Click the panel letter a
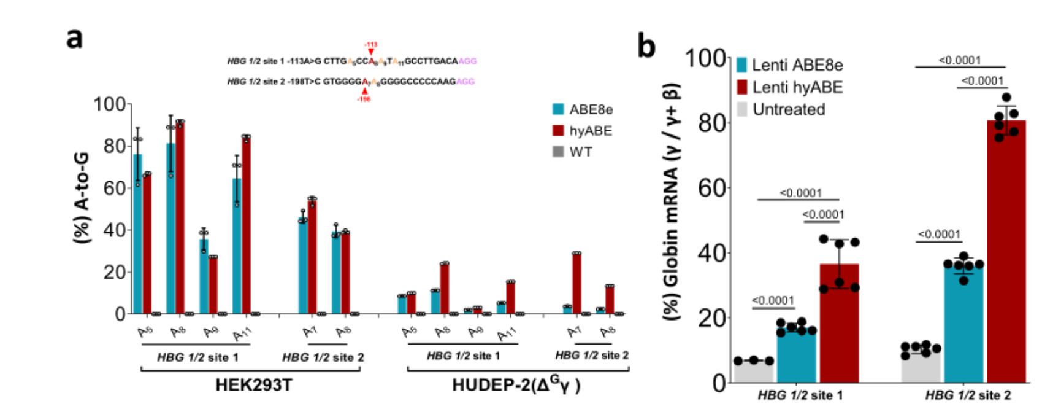pos(75,38)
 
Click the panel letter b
pos(646,47)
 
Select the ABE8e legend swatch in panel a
pos(558,109)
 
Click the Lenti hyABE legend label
pos(797,87)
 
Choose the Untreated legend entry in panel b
pos(789,109)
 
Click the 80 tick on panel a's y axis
pos(115,146)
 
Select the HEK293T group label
pos(253,386)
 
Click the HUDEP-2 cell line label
pos(516,386)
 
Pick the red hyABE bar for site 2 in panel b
pos(1006,252)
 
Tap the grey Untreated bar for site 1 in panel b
pos(754,372)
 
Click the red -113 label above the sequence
pos(370,45)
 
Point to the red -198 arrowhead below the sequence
pos(364,92)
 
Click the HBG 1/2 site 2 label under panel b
pos(968,395)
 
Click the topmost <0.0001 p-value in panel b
pos(960,60)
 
